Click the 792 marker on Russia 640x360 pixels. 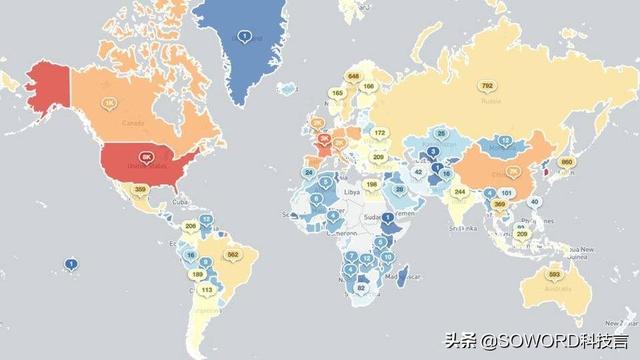click(487, 86)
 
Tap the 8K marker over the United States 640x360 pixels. click(147, 157)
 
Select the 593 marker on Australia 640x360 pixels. click(553, 274)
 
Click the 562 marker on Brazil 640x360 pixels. click(233, 255)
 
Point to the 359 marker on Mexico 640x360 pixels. click(140, 189)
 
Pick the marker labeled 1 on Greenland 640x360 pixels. click(244, 36)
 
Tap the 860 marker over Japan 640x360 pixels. click(566, 162)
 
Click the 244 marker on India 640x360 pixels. click(459, 192)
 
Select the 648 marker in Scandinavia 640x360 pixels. click(352, 76)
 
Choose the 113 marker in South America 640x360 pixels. click(207, 290)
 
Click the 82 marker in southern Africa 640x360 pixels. click(362, 289)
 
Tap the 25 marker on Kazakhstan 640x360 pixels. click(441, 133)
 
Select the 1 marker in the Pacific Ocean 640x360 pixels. click(71, 264)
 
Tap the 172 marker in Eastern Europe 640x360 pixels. click(380, 132)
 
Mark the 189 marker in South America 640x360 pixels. click(197, 273)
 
